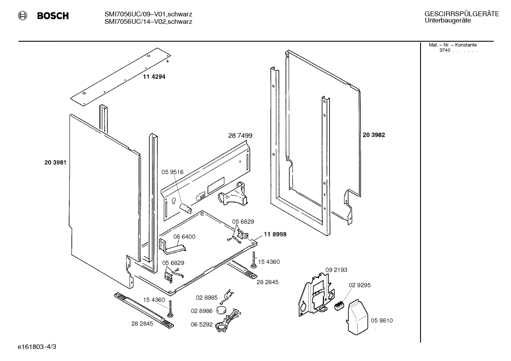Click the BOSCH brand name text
click(53, 16)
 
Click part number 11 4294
click(154, 77)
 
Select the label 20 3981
click(55, 163)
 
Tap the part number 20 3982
click(374, 135)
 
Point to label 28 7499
click(240, 135)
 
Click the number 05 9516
click(173, 172)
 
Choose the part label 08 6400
click(184, 237)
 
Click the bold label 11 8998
click(275, 235)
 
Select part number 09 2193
click(336, 270)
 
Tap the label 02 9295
click(360, 285)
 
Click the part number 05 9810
click(382, 321)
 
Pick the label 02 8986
click(202, 311)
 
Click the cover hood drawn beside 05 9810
click(358, 317)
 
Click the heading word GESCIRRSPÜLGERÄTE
click(461, 14)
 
